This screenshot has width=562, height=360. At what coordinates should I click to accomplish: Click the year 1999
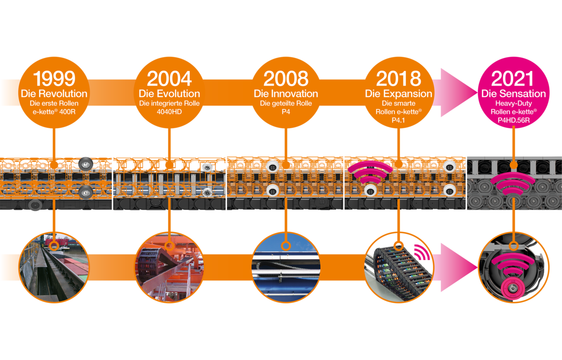click(x=54, y=78)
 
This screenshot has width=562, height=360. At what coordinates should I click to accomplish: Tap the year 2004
click(x=169, y=78)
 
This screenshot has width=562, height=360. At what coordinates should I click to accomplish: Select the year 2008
click(x=286, y=78)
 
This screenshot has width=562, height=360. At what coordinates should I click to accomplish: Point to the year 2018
click(x=399, y=78)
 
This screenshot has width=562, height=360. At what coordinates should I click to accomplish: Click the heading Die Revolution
click(x=54, y=94)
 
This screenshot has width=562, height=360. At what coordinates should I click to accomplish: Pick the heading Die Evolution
click(x=169, y=94)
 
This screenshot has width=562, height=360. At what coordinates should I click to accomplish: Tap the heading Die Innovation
click(x=286, y=94)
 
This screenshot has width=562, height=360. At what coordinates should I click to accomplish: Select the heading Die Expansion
click(x=399, y=94)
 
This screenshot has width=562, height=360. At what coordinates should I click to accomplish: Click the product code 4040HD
click(x=169, y=111)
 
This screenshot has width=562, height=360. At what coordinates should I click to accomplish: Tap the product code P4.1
click(x=399, y=119)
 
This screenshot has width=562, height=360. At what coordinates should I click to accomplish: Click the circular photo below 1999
click(x=54, y=268)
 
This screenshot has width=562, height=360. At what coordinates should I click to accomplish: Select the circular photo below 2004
click(x=169, y=268)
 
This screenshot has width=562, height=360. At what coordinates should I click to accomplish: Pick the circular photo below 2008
click(x=286, y=268)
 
